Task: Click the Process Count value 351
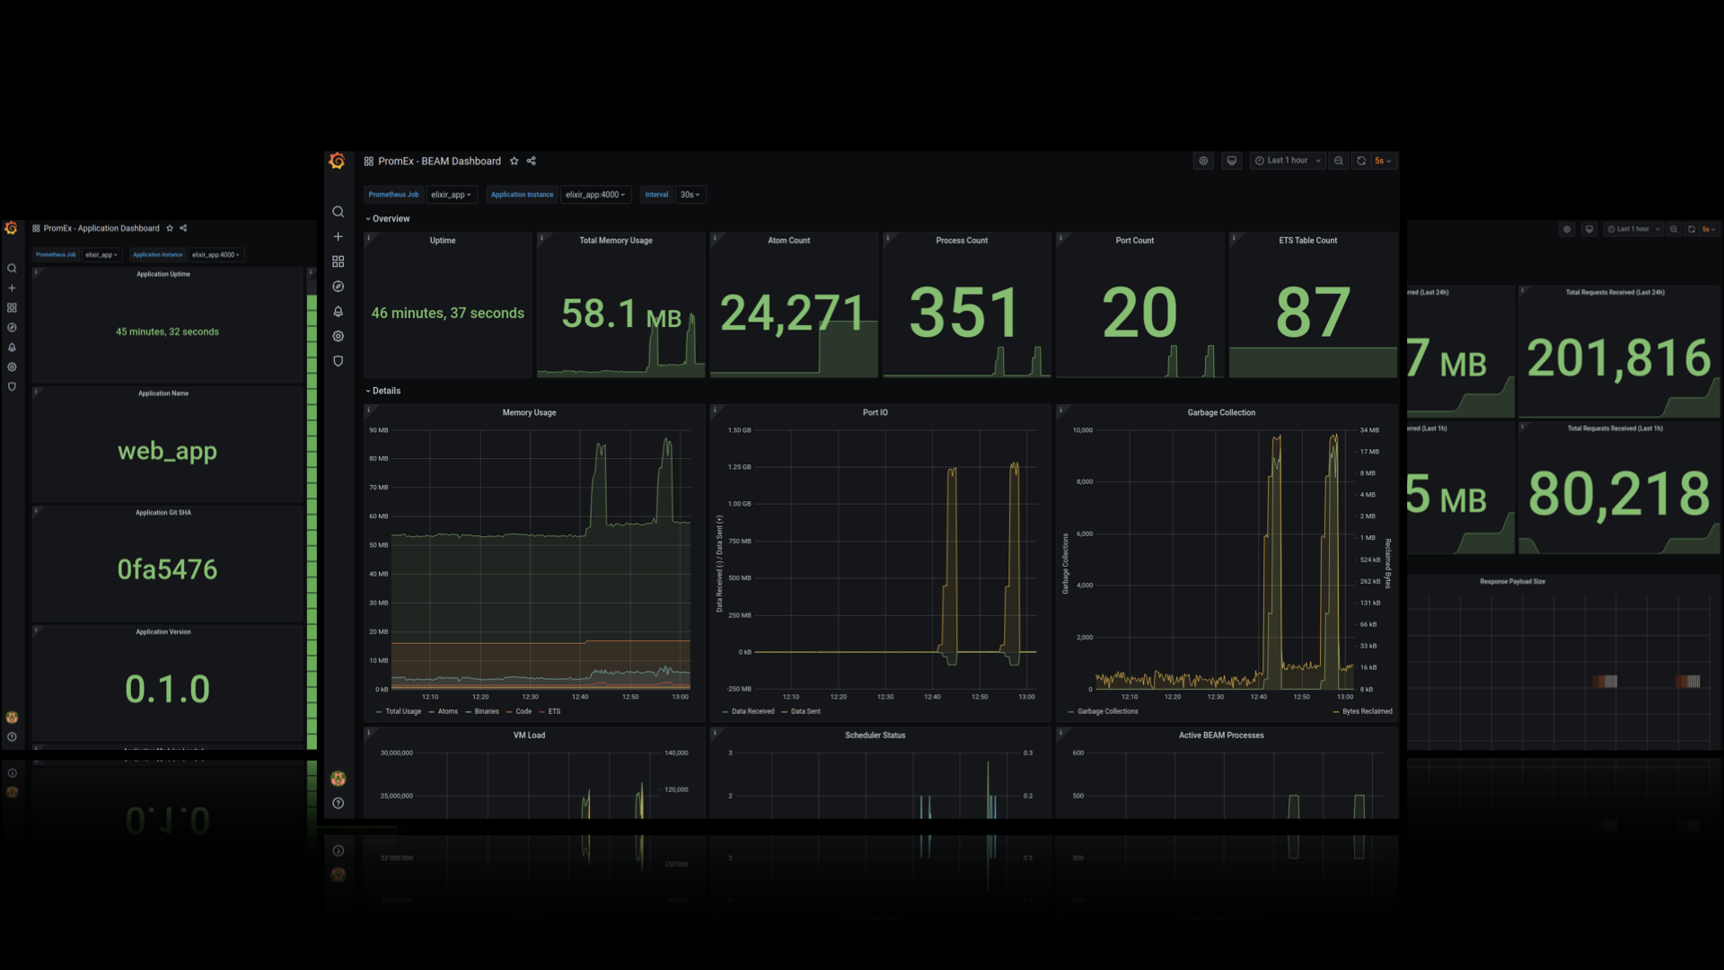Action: [x=963, y=313]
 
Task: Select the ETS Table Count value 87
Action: [x=1312, y=313]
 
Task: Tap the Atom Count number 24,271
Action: [x=791, y=313]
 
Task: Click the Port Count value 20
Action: [x=1139, y=313]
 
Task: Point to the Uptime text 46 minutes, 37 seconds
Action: [x=447, y=313]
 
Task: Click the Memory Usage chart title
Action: [x=529, y=412]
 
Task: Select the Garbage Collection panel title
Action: [x=1220, y=412]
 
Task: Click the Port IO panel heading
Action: [x=875, y=412]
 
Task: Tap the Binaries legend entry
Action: [x=486, y=711]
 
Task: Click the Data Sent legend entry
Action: [x=805, y=711]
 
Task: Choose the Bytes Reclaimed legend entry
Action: [x=1367, y=711]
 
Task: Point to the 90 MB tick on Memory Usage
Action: [x=378, y=430]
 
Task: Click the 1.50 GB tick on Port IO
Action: [x=739, y=430]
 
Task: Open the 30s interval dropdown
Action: [x=690, y=195]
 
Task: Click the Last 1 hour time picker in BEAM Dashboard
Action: [x=1288, y=161]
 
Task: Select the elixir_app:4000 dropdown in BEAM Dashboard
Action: [x=595, y=195]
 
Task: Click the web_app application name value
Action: [x=167, y=451]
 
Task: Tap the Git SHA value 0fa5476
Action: [x=167, y=569]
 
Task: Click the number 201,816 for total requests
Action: [x=1618, y=358]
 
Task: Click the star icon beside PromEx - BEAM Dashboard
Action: [x=515, y=162]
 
